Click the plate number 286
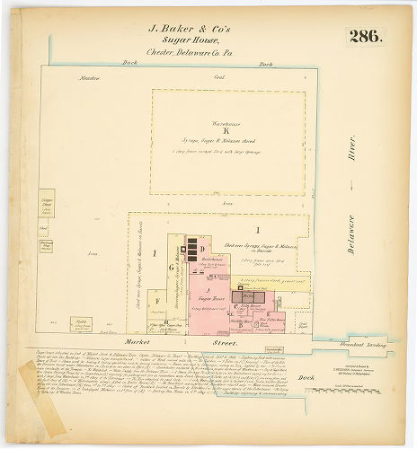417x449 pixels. point(365,37)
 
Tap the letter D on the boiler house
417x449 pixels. point(204,248)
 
